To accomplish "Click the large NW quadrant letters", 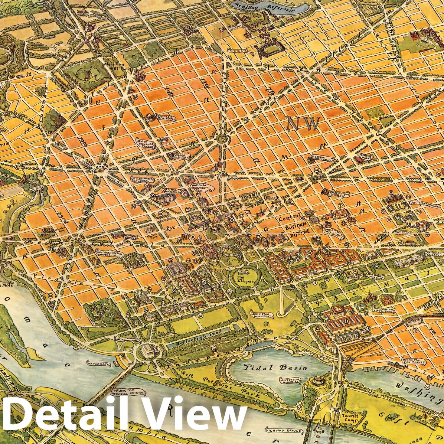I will point(303,124).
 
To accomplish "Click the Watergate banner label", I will point(98,365).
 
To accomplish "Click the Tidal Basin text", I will point(275,368).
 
